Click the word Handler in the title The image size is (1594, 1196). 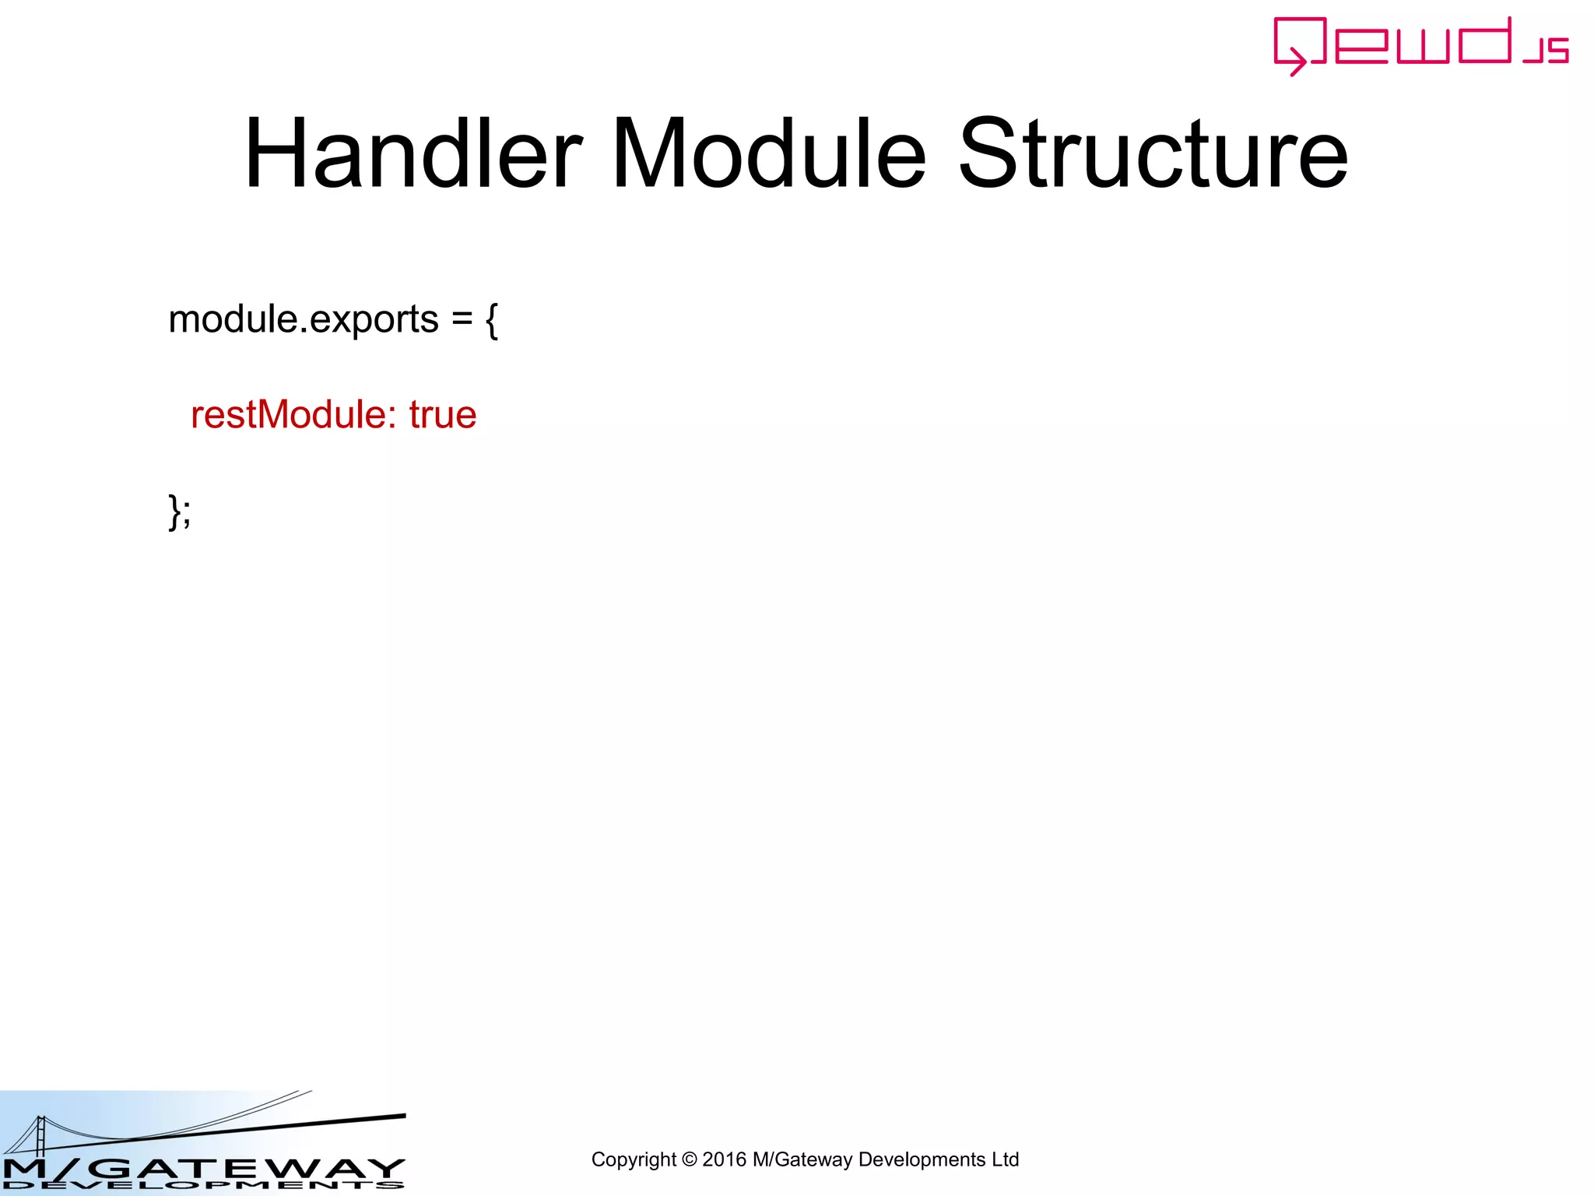[413, 153]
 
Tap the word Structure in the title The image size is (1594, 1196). [1153, 153]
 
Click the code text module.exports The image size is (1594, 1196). [304, 319]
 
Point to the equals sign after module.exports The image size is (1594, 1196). [462, 319]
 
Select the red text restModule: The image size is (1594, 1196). [289, 414]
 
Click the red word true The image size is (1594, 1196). [442, 414]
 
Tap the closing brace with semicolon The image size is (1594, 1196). [180, 512]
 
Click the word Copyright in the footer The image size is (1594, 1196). [634, 1159]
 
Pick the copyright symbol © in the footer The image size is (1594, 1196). [689, 1159]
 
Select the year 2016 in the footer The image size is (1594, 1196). [724, 1159]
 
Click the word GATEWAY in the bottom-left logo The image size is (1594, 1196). [249, 1168]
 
